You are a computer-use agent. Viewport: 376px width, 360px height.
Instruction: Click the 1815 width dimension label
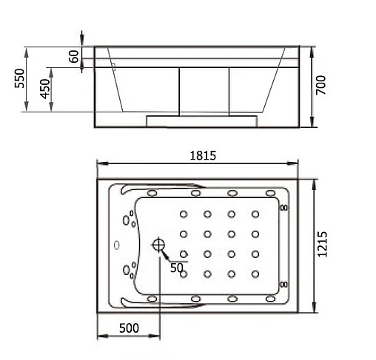coord(201,156)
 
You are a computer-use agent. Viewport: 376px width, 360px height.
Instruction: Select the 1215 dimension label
coord(323,241)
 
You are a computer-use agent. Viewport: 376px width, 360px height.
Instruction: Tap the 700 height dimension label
coord(321,85)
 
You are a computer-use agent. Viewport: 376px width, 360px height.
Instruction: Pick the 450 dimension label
coord(45,89)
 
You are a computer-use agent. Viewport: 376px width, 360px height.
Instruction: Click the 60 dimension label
coord(74,57)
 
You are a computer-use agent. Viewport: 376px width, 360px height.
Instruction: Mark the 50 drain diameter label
coord(176,268)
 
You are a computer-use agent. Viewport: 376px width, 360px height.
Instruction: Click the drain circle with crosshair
coord(158,245)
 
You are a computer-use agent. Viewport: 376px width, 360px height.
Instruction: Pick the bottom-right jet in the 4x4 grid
coord(255,274)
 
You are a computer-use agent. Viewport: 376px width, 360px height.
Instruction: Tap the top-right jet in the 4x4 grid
coord(255,215)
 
